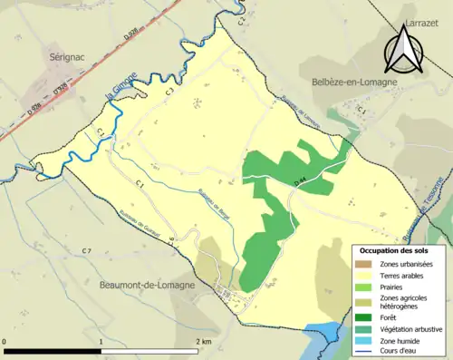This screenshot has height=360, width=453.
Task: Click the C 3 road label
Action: point(169,91)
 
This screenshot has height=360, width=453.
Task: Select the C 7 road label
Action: point(87,250)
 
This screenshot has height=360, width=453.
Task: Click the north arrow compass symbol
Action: point(400,49)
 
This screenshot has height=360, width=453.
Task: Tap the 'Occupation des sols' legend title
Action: point(394,249)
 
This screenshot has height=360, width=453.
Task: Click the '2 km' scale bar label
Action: point(203,341)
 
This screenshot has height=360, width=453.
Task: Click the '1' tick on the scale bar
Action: point(101,341)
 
